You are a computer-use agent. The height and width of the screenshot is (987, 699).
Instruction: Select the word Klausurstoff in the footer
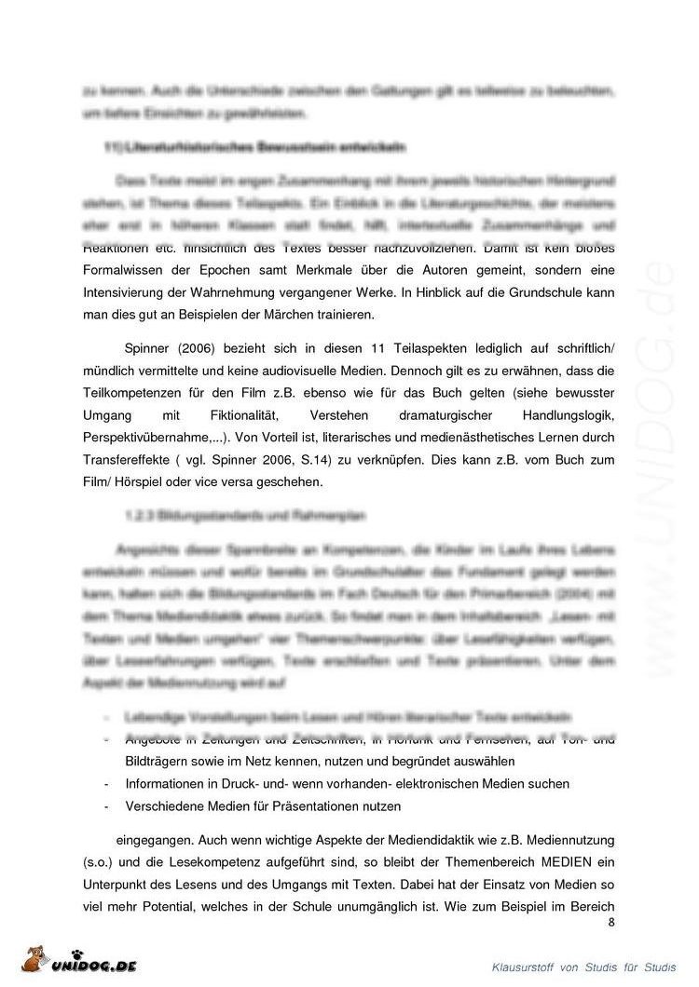[x=527, y=968]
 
